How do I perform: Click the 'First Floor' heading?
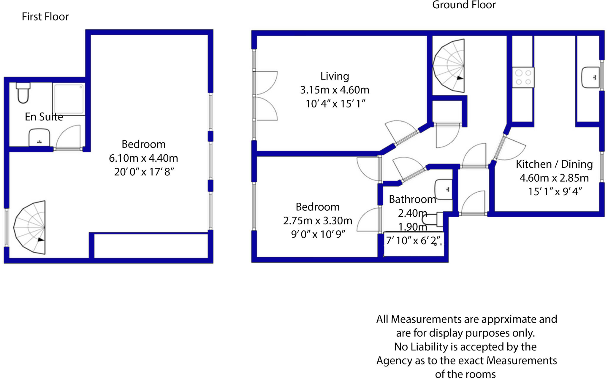45,17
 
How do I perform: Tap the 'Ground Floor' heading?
464,5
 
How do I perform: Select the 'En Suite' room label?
44,117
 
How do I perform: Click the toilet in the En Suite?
23,93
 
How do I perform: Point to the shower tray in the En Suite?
69,99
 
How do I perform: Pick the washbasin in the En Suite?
39,137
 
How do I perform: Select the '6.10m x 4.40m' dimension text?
143,158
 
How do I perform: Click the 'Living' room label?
335,76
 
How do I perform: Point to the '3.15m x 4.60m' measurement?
335,90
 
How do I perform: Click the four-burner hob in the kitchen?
523,77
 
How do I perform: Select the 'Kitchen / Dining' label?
554,164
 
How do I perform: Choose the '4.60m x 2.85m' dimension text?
554,178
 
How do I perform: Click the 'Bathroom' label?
412,199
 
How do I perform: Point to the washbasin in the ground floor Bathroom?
444,189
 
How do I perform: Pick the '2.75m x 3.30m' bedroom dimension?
318,221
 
